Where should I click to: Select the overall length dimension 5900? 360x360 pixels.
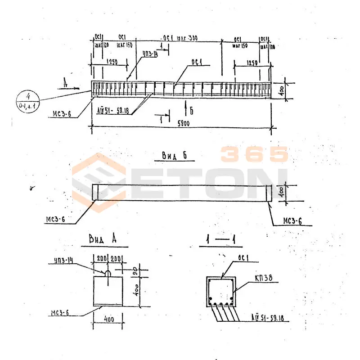click(x=182, y=123)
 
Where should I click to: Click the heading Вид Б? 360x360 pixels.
click(x=174, y=156)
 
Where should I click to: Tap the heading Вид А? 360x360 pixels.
click(x=103, y=240)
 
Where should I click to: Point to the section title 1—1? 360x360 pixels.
click(x=220, y=241)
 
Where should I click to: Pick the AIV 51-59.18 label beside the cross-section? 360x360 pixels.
click(x=270, y=318)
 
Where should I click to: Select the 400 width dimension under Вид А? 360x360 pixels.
click(x=108, y=319)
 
